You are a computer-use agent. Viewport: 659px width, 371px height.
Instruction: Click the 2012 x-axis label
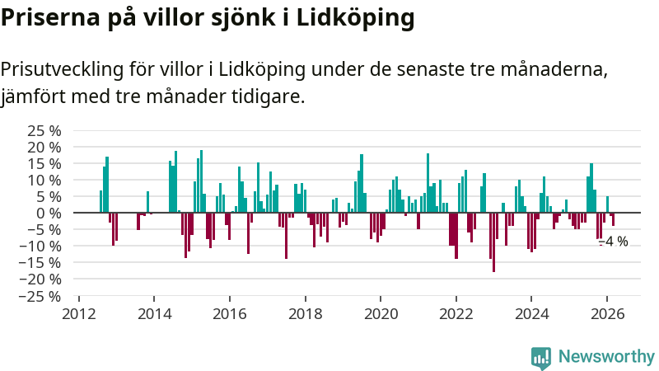(79, 313)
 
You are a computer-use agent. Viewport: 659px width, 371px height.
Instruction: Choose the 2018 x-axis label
(306, 313)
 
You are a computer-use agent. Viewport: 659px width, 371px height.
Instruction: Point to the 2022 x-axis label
(456, 313)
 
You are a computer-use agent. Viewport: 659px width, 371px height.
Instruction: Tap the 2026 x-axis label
(607, 313)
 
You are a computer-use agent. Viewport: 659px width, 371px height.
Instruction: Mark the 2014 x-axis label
(155, 313)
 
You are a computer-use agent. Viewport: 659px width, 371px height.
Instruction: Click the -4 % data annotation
(613, 242)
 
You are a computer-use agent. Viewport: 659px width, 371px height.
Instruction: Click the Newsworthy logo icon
(541, 356)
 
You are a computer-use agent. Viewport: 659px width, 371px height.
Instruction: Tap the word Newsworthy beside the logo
(606, 356)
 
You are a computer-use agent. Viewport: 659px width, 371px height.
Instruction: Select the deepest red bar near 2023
(493, 242)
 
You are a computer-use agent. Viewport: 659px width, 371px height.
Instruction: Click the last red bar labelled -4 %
(613, 219)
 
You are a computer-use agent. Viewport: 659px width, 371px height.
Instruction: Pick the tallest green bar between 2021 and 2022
(428, 183)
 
